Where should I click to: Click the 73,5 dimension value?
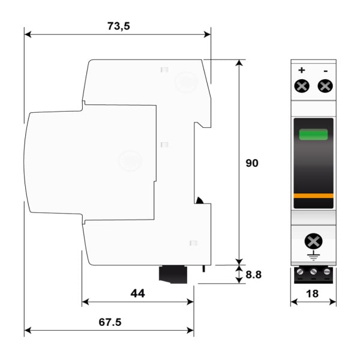click(x=118, y=26)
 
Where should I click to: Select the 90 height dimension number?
click(x=252, y=163)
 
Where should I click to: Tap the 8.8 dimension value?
click(x=253, y=275)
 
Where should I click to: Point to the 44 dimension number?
click(x=137, y=293)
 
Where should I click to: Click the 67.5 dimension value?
click(x=110, y=322)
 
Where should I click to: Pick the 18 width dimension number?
click(x=312, y=293)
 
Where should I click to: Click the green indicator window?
click(x=313, y=134)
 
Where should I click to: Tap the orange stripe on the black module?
click(x=313, y=196)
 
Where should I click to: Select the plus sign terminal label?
click(x=302, y=70)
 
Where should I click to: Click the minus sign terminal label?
click(x=326, y=71)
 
